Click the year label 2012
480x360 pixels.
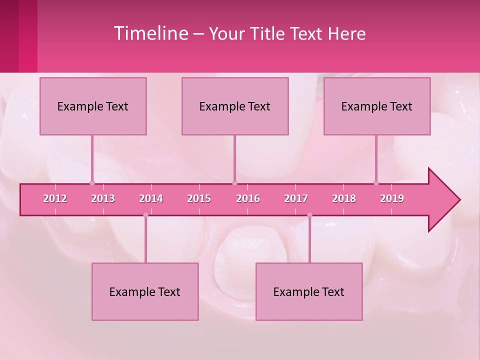pyautogui.click(x=55, y=198)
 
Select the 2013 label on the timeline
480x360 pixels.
pyautogui.click(x=103, y=198)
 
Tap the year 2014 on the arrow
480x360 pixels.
pyautogui.click(x=151, y=198)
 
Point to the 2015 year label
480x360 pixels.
pyautogui.click(x=199, y=198)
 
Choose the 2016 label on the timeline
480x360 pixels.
pyautogui.click(x=248, y=198)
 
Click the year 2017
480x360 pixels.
pyautogui.click(x=296, y=198)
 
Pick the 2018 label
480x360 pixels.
pyautogui.click(x=344, y=198)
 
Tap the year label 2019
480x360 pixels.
pyautogui.click(x=392, y=198)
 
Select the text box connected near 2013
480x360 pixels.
pyautogui.click(x=93, y=106)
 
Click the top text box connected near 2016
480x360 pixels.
pyautogui.click(x=235, y=106)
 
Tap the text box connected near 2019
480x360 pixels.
pyautogui.click(x=377, y=106)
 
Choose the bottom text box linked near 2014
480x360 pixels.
pyautogui.click(x=145, y=291)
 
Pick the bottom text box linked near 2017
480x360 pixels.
pyautogui.click(x=309, y=291)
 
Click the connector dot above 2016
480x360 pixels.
pyautogui.click(x=234, y=183)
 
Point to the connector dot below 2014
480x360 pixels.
pyautogui.click(x=145, y=215)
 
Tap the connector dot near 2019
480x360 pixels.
pyautogui.click(x=376, y=183)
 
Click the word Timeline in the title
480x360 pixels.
pyautogui.click(x=150, y=33)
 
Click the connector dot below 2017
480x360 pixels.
pyautogui.click(x=309, y=215)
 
